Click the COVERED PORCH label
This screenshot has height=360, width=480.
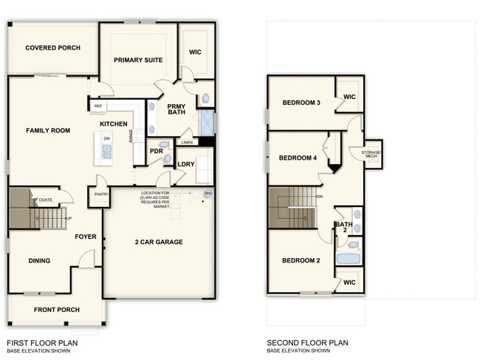pos(52,48)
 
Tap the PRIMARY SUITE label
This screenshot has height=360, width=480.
pos(138,60)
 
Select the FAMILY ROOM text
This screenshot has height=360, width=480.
pos(48,131)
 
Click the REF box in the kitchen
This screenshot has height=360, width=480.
pos(98,106)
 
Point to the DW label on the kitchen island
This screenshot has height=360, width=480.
pos(106,138)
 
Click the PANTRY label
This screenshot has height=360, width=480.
pos(100,194)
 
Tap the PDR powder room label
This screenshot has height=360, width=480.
pos(156,151)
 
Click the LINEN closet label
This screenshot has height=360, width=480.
pos(187,142)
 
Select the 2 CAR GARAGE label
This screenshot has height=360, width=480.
pos(158,242)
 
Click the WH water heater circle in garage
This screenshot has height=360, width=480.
pos(208,194)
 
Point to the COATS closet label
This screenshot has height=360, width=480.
pos(46,200)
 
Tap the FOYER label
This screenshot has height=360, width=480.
pos(86,237)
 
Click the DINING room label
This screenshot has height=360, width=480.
pos(39,260)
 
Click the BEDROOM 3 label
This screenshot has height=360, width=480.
pos(301,103)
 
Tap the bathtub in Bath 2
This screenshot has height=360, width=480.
pos(347,259)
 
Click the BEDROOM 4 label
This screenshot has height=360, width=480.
pos(298,158)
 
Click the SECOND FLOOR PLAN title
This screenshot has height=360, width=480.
pos(307,343)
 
